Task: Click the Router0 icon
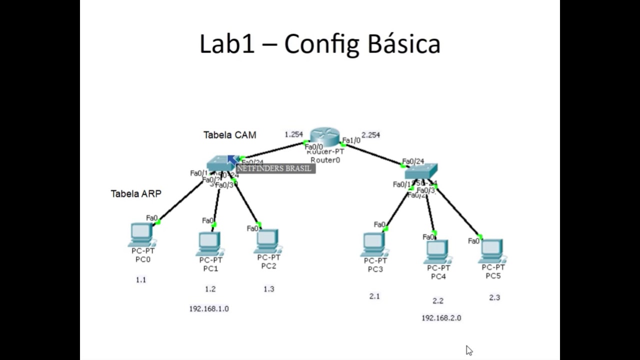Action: point(324,136)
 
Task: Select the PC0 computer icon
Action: point(142,234)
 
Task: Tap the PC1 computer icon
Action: point(210,243)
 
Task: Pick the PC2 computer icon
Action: point(268,241)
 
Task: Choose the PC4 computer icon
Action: point(437,251)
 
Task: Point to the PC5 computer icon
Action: point(492,250)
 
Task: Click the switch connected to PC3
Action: point(420,171)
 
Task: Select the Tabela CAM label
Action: point(229,135)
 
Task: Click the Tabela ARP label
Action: point(136,194)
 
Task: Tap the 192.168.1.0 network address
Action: point(209,309)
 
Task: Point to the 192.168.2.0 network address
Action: point(441,318)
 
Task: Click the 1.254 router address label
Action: point(293,134)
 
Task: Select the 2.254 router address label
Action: point(370,135)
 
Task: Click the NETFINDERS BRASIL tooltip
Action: point(275,168)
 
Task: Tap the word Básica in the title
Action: point(404,44)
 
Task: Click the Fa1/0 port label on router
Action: point(351,140)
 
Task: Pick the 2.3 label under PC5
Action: point(494,297)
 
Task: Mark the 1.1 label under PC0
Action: point(141,280)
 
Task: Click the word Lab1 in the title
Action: point(227,44)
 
